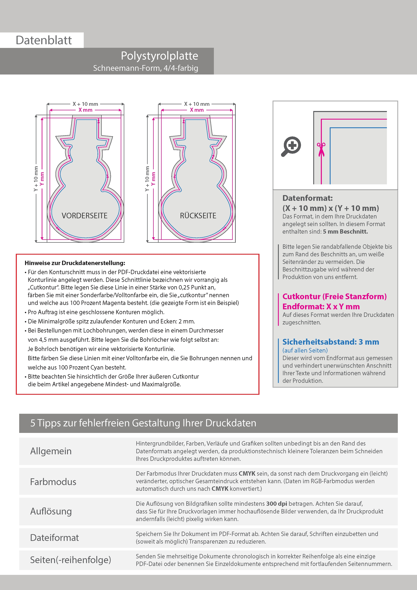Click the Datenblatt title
[x=44, y=40]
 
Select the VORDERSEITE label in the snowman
[x=85, y=216]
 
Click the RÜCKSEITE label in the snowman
[x=198, y=216]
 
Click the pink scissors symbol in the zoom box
[x=321, y=149]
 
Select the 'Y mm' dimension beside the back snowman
[x=153, y=179]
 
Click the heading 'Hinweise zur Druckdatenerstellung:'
[x=75, y=263]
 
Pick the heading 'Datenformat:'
[x=307, y=198]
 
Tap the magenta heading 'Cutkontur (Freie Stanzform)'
[x=334, y=297]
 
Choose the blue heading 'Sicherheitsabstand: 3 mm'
[x=331, y=342]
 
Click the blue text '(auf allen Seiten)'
[x=305, y=350]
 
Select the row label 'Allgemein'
[x=51, y=451]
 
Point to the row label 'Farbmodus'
[x=53, y=482]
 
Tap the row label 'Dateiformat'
[x=54, y=538]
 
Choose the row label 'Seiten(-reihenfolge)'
[x=71, y=560]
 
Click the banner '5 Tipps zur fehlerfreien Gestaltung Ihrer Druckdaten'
[x=143, y=423]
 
